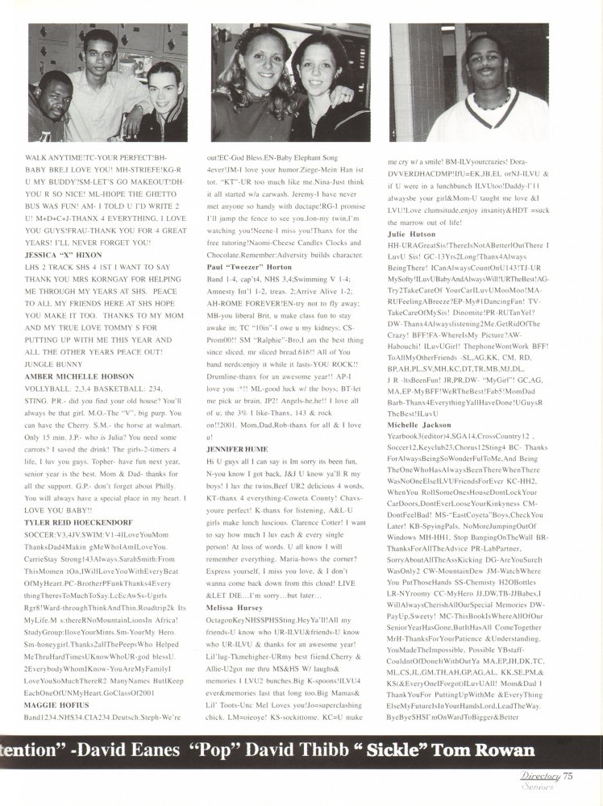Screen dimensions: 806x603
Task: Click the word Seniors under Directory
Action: (544, 787)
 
